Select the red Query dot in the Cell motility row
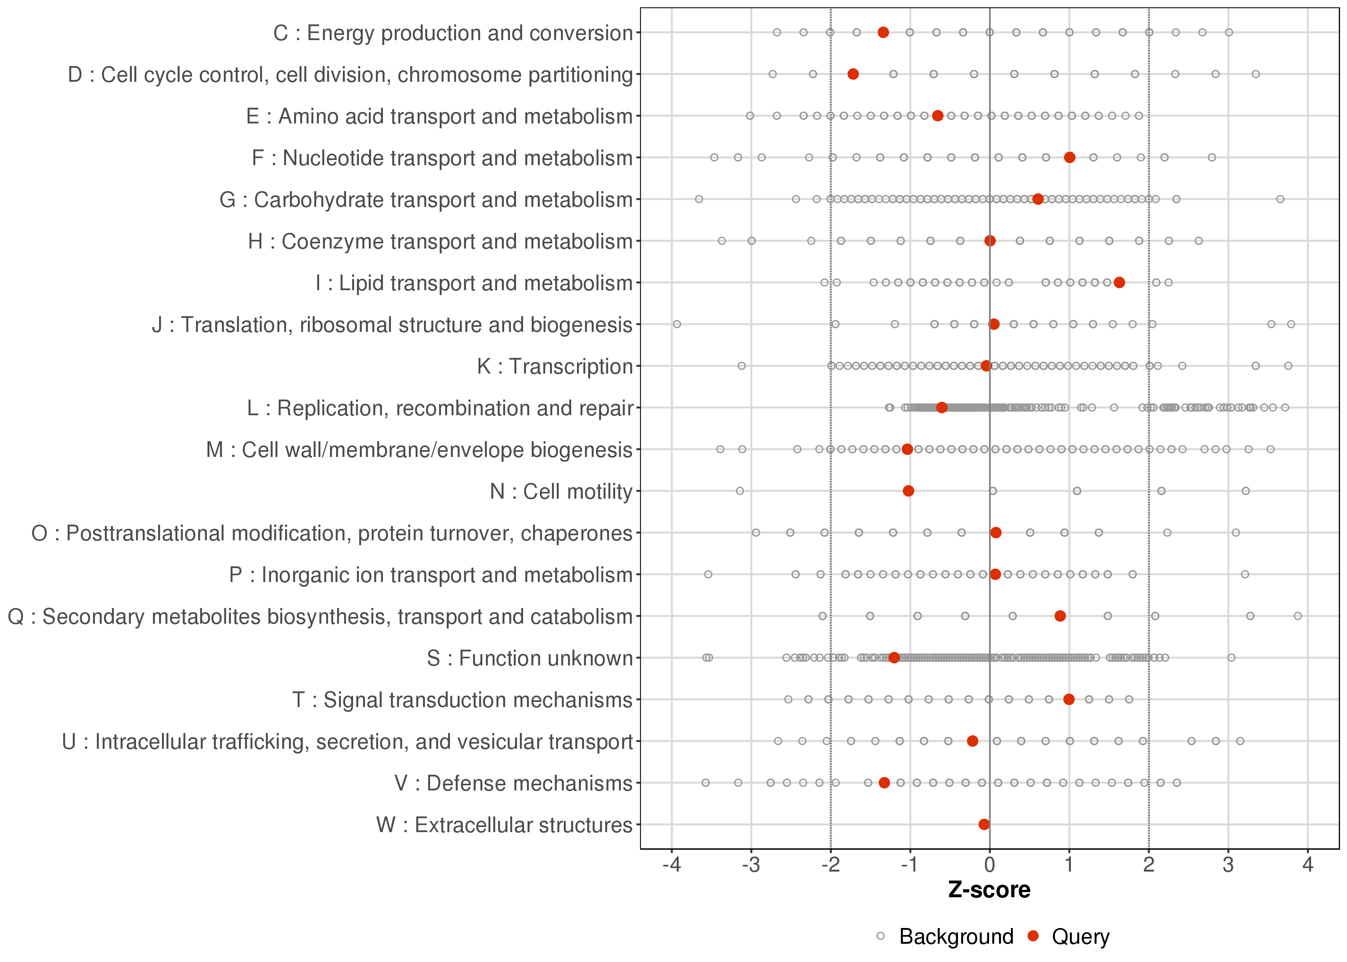click(x=908, y=491)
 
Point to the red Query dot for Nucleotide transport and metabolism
click(x=1069, y=157)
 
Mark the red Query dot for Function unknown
click(x=894, y=657)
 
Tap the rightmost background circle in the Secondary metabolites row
click(x=1298, y=616)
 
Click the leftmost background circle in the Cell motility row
click(x=739, y=491)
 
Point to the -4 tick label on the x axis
click(x=671, y=865)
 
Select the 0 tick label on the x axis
click(x=989, y=865)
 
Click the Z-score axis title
click(x=989, y=890)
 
